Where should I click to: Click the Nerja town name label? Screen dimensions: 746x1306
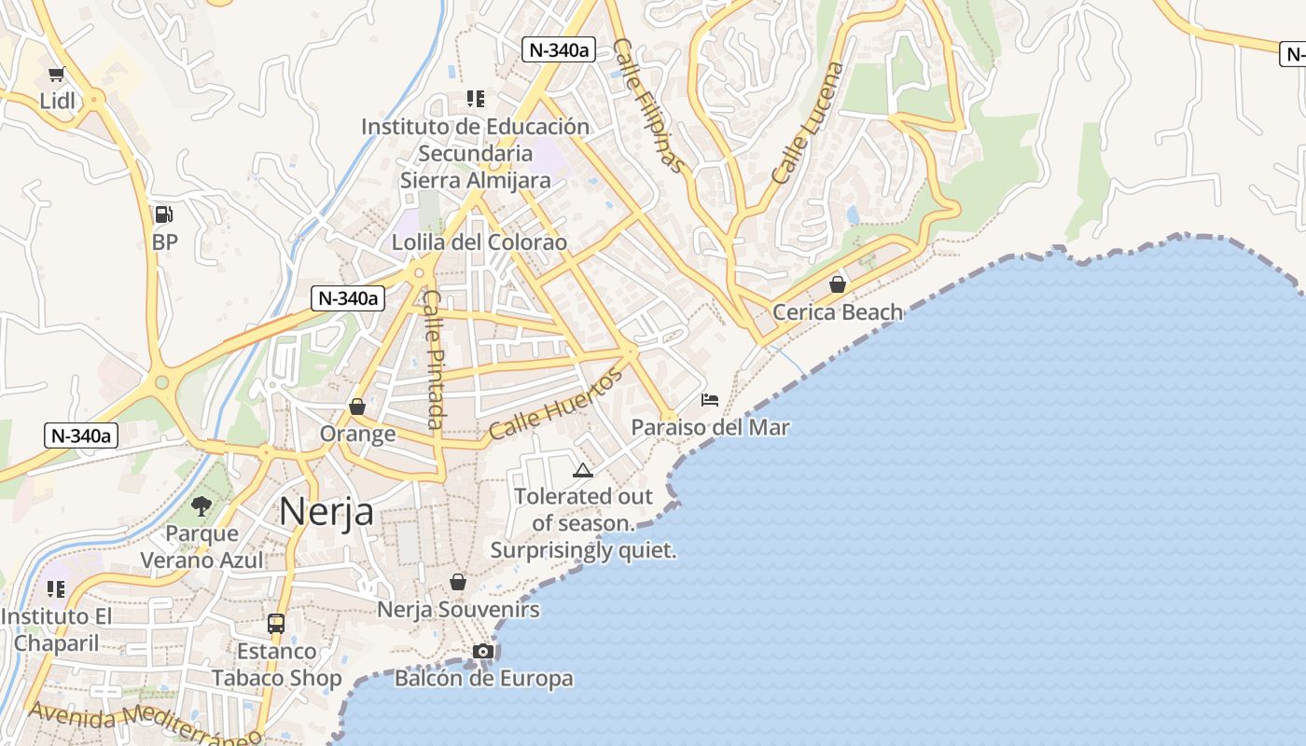326,512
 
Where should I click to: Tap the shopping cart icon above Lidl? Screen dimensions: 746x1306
56,74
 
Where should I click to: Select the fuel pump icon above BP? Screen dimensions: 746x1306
163,214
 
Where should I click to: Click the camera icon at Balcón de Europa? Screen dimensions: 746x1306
482,651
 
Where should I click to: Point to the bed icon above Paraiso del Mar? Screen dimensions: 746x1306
710,400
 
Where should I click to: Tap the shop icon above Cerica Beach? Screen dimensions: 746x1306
838,284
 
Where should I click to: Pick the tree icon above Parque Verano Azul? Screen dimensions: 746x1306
201,506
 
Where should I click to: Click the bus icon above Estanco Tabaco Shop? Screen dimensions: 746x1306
276,623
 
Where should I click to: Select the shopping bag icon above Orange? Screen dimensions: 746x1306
357,407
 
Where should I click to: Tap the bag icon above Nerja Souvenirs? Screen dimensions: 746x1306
458,582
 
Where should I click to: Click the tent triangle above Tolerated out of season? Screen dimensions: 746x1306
583,470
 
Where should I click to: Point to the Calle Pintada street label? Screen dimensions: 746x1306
433,359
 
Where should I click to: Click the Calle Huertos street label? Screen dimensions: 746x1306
556,405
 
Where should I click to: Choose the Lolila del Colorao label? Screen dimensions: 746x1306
479,242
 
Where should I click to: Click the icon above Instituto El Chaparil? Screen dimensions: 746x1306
56,589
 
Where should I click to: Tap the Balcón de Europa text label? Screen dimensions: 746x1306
483,679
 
